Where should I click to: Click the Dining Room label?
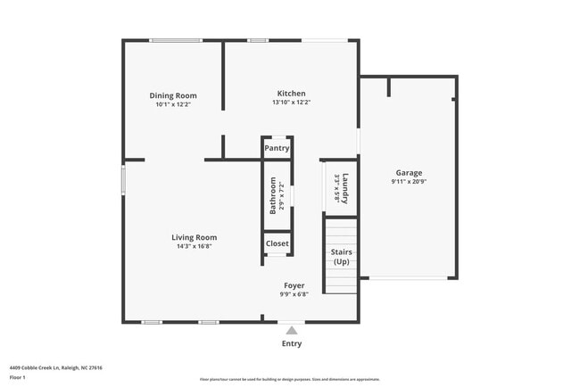(173, 95)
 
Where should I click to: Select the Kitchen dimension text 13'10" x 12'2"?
(292, 103)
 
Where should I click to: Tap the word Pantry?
(277, 148)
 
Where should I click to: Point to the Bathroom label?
(273, 195)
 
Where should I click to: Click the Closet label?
(277, 243)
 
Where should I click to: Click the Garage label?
(409, 173)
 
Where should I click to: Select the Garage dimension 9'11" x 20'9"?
(409, 182)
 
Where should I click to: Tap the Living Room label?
(195, 237)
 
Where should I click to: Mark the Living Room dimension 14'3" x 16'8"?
(195, 246)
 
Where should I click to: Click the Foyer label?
(294, 285)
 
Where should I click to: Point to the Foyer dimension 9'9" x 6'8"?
(294, 294)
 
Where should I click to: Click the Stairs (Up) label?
(341, 257)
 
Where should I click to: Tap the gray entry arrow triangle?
(291, 330)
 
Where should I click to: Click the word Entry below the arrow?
(292, 343)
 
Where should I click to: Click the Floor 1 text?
(18, 377)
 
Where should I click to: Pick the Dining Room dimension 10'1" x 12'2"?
(173, 104)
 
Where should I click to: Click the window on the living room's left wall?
(123, 177)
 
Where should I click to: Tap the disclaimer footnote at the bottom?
(289, 379)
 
